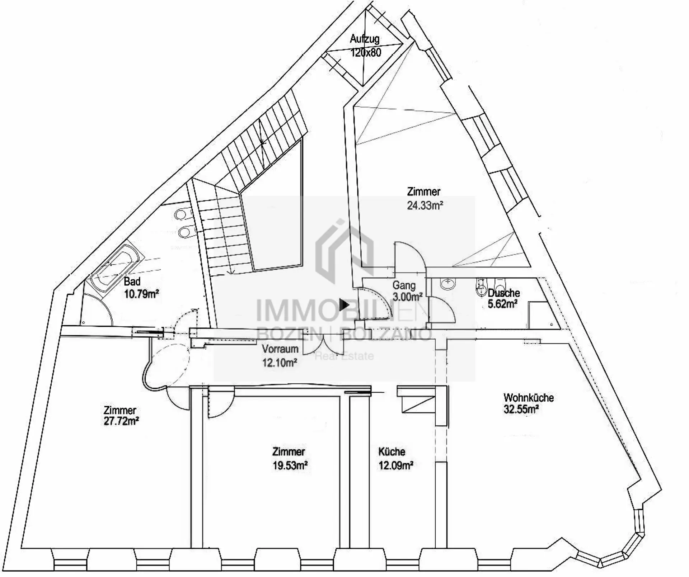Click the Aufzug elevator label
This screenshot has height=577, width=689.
point(365,39)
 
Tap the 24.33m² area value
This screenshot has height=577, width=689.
point(425,205)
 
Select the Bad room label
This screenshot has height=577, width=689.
point(132,282)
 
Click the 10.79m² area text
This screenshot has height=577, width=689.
point(141,294)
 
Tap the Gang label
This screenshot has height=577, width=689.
point(404,285)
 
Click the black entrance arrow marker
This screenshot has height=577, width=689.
point(344,305)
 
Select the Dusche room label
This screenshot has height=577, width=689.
point(504,293)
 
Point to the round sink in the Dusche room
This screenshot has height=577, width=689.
point(447,284)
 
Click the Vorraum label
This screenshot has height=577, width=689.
point(280,349)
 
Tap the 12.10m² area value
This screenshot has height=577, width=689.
point(280,363)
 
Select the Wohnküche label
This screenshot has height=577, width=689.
point(528,398)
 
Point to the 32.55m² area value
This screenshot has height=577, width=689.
point(521,409)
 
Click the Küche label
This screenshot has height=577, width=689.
point(392,451)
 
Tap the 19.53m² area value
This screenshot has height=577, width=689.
point(290,465)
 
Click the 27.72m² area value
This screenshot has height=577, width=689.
point(121,421)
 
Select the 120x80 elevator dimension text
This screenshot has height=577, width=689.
point(365,52)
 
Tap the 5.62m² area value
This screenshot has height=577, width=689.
point(502,304)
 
